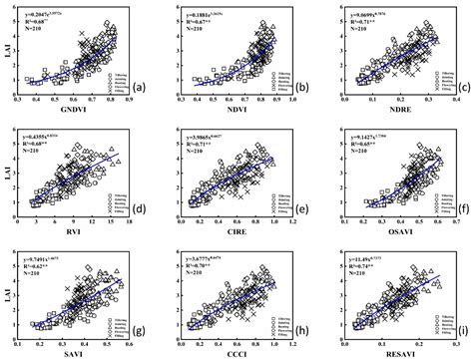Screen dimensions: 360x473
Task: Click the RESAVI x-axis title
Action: pyautogui.click(x=389, y=351)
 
